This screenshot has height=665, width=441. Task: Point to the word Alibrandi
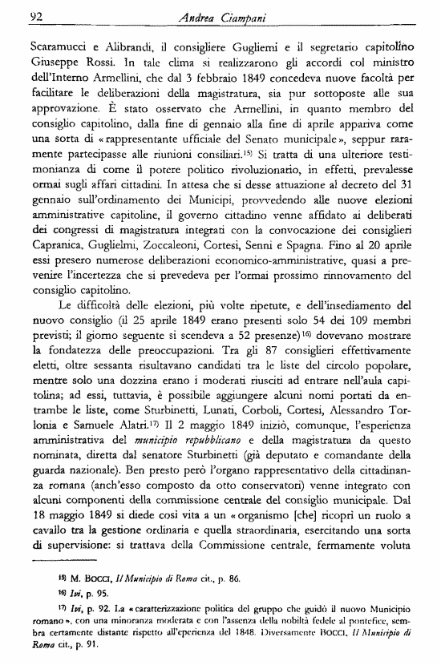(133, 46)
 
